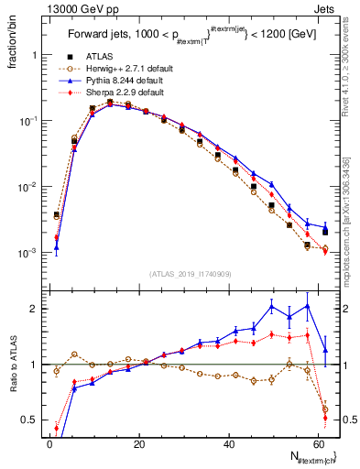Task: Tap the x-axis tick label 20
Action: point(139,442)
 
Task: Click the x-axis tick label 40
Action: point(229,442)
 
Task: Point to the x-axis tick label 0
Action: point(50,442)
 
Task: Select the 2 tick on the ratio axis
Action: point(34,309)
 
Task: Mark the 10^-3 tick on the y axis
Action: point(27,252)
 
